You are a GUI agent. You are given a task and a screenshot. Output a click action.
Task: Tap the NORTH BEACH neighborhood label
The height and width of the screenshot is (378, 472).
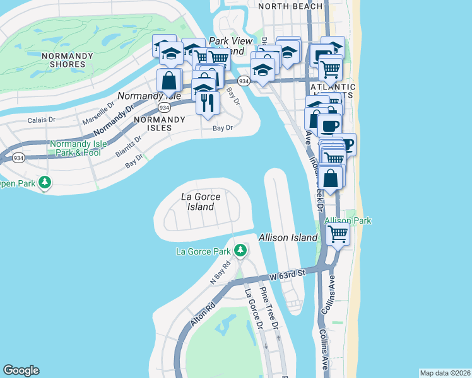coord(290,6)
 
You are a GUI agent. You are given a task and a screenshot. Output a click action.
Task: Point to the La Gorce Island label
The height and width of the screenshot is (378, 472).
coord(201,202)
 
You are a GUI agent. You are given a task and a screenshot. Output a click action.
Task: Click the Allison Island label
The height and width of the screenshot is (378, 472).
coord(288,238)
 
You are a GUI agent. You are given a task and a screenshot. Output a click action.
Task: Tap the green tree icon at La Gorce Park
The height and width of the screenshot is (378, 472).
coord(240,251)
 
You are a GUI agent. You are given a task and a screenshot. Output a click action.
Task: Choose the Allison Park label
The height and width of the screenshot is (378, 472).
coord(348,220)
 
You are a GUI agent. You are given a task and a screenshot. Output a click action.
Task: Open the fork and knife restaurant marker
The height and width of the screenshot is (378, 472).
coord(208,102)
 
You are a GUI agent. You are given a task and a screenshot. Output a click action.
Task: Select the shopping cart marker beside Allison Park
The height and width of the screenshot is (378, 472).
coord(338,234)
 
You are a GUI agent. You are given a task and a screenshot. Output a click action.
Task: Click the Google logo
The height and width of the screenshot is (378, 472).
coord(21,370)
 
